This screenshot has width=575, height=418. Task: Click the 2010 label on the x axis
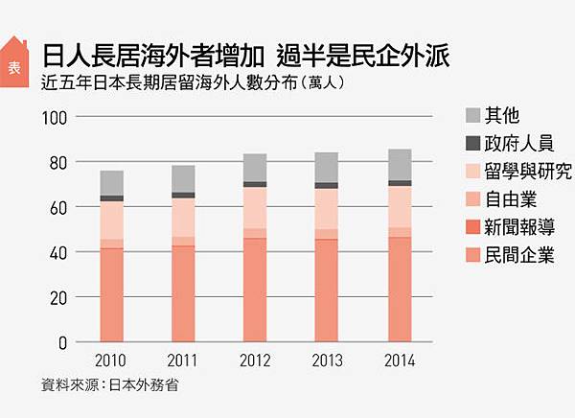(112, 361)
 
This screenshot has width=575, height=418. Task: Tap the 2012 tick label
(254, 361)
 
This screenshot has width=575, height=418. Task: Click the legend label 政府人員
(518, 144)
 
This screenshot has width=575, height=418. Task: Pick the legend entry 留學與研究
(528, 172)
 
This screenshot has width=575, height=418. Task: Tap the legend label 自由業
(510, 199)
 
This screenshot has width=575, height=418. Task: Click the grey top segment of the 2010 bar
(112, 183)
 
